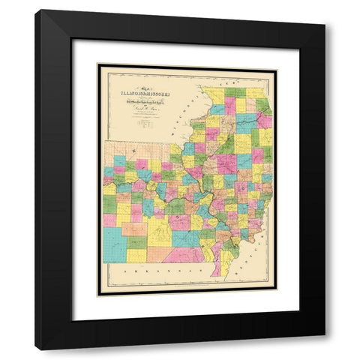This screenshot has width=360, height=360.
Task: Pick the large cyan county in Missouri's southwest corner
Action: [x=114, y=244]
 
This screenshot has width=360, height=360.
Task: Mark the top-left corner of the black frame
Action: [x=35, y=10]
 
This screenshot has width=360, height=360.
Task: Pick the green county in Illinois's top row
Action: [x=235, y=92]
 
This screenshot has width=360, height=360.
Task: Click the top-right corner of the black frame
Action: [x=324, y=10]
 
